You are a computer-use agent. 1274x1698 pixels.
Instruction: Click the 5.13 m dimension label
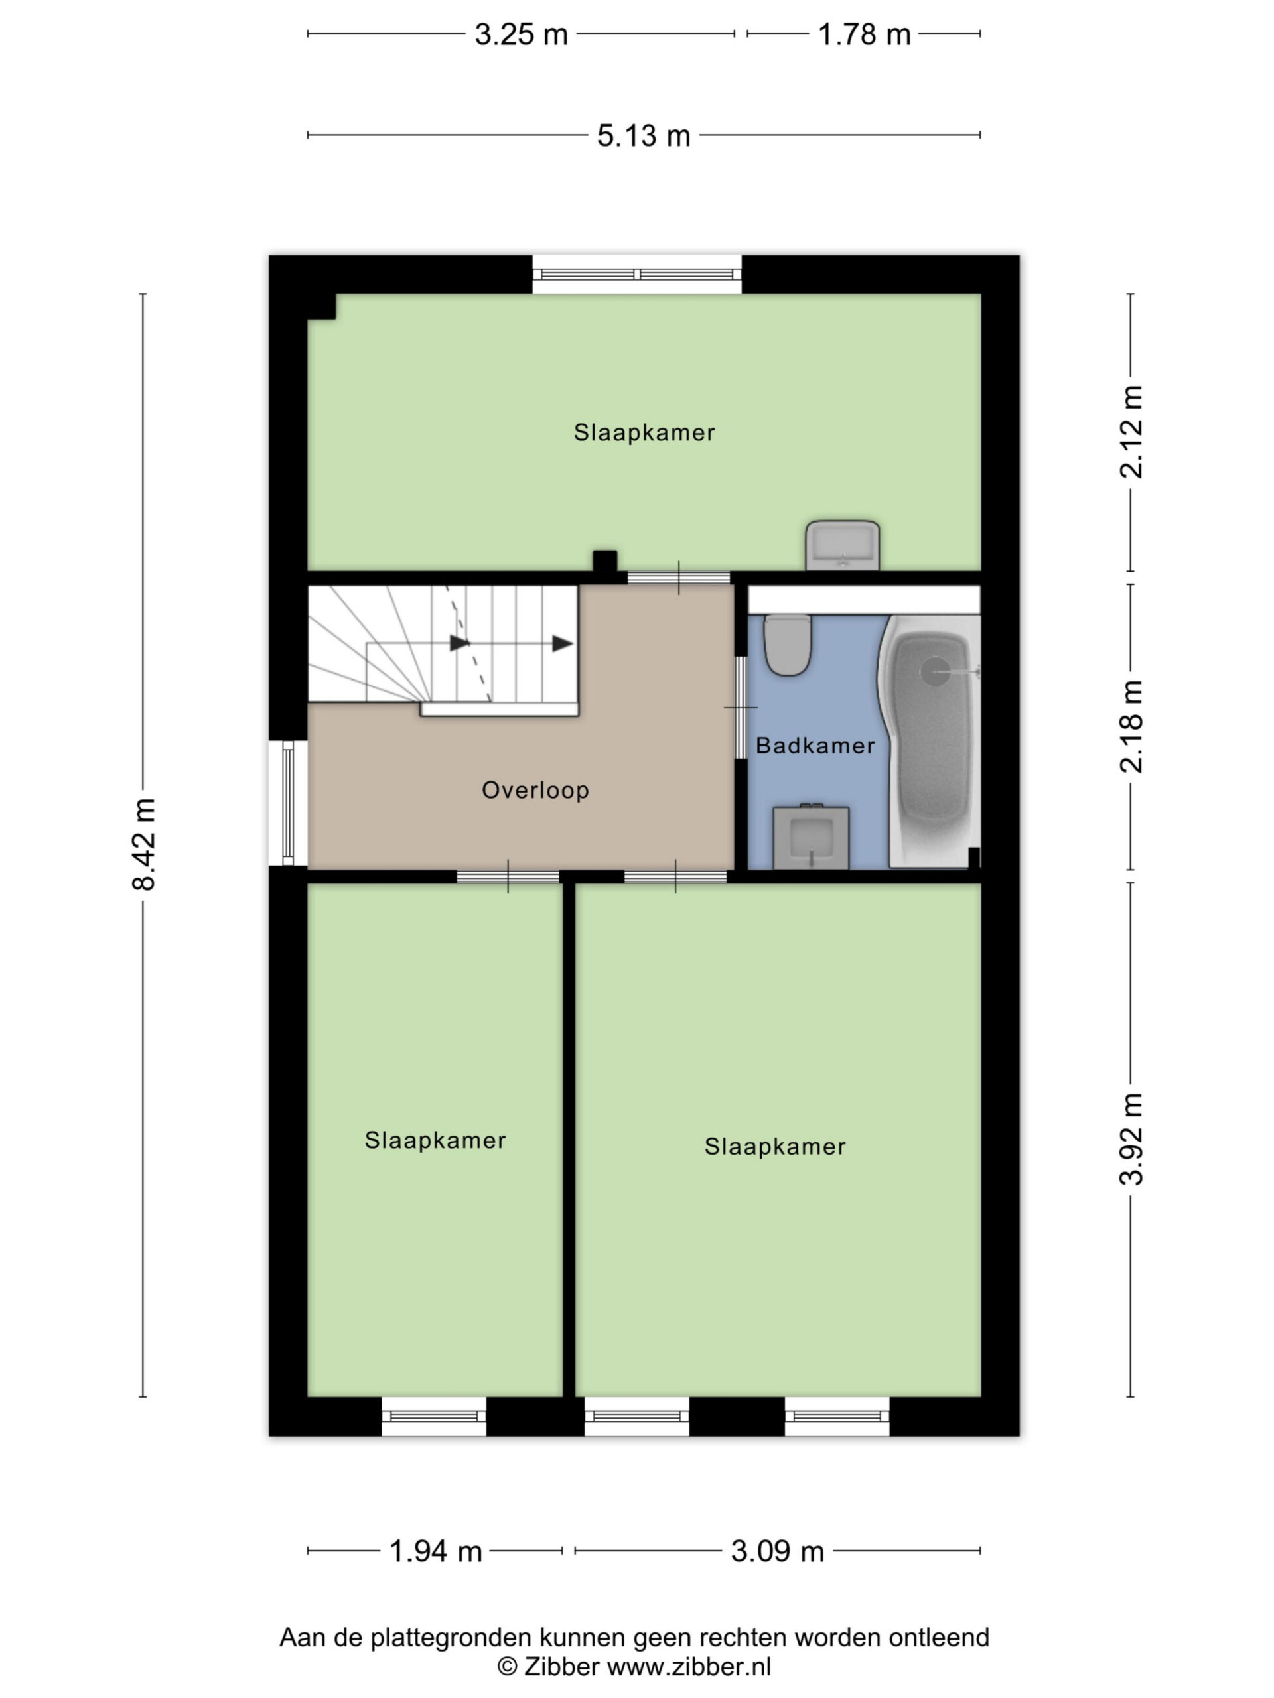[x=644, y=135]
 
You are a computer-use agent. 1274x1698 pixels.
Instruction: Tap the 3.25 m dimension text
[x=521, y=34]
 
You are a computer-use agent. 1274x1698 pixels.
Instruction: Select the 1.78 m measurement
[x=864, y=34]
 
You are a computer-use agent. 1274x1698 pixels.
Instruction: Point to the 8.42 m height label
[x=143, y=844]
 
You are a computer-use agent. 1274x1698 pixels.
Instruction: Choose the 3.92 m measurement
[x=1131, y=1138]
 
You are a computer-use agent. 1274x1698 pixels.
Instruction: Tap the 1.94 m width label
[x=435, y=1551]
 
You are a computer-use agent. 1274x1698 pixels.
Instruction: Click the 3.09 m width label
[x=777, y=1551]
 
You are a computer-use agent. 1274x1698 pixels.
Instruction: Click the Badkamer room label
[x=815, y=746]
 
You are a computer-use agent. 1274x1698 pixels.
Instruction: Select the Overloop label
[x=535, y=790]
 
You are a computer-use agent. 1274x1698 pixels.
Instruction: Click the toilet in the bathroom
[x=788, y=645]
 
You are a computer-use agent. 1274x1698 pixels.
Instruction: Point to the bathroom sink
[x=811, y=836]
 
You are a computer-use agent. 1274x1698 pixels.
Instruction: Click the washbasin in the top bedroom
[x=843, y=545]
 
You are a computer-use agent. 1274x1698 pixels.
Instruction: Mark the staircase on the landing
[x=443, y=651]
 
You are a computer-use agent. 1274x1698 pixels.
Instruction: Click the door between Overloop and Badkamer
[x=741, y=707]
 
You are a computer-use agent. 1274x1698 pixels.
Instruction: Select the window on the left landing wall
[x=288, y=803]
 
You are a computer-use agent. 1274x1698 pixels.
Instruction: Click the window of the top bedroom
[x=638, y=275]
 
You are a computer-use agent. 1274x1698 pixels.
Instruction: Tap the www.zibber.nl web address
[x=689, y=1667]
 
